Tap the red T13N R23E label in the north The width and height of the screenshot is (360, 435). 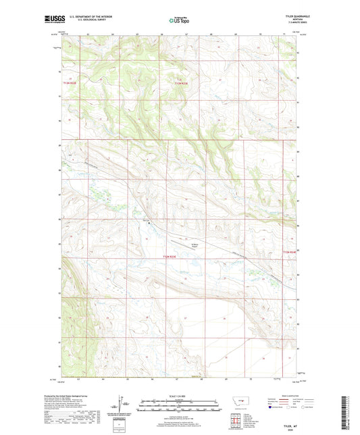[x=178, y=83]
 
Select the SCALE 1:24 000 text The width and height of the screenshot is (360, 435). [x=180, y=396]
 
